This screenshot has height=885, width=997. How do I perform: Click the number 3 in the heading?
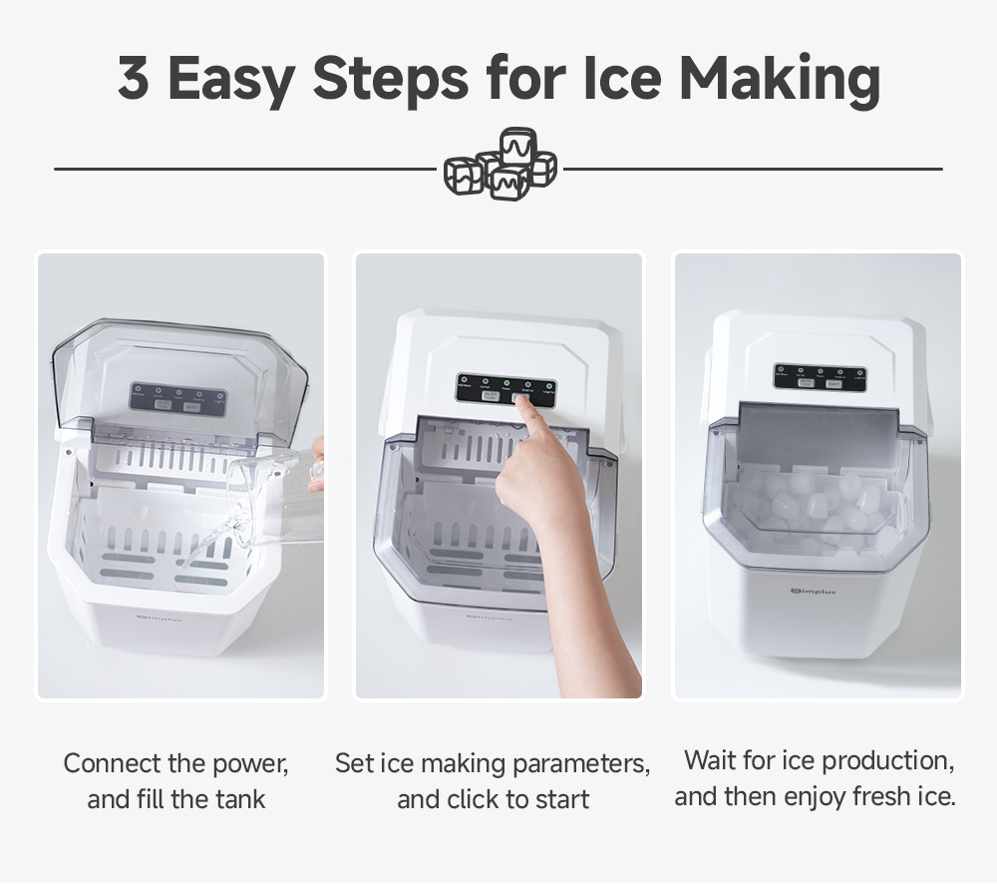coord(134,79)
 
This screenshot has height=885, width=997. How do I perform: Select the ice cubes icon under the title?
coord(500,166)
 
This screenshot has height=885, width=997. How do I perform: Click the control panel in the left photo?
coord(177,398)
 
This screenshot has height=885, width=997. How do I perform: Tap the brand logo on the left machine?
coord(159,619)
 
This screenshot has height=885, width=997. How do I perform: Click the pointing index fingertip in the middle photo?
coord(521,407)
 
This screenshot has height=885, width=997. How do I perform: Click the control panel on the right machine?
coord(820,377)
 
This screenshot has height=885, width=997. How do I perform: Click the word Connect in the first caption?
coord(113,764)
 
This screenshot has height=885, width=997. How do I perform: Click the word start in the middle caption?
coord(561,799)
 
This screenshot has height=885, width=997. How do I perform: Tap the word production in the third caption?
coord(874,761)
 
